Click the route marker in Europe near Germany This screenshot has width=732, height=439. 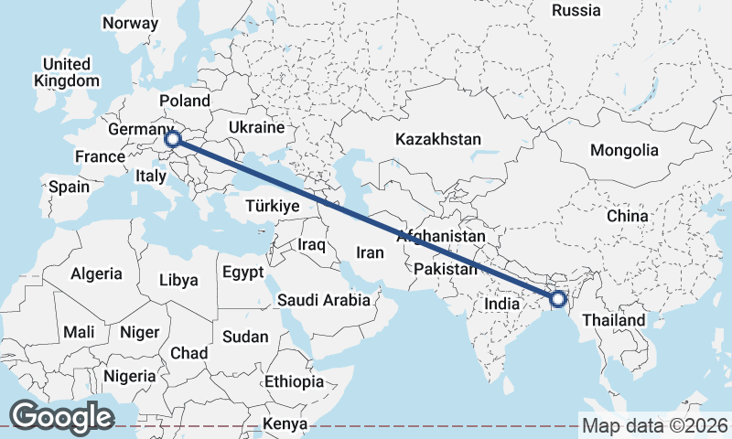click(x=173, y=139)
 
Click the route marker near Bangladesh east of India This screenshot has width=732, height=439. click(x=558, y=299)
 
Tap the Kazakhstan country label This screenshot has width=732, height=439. click(x=437, y=140)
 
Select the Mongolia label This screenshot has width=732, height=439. click(x=624, y=150)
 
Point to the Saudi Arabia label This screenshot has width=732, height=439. click(x=324, y=300)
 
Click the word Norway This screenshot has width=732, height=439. click(x=131, y=23)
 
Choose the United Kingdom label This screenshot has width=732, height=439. click(x=67, y=72)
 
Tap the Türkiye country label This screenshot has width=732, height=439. click(x=273, y=207)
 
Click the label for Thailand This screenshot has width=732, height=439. click(x=613, y=320)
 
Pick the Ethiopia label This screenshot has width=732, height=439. click(x=293, y=381)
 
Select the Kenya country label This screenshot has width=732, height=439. click(x=285, y=423)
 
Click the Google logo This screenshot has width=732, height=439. click(x=61, y=416)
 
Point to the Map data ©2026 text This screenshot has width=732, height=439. click(x=654, y=425)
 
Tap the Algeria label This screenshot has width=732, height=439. click(x=96, y=273)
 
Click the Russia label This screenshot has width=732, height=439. click(x=576, y=11)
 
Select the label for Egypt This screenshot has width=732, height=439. click(x=242, y=273)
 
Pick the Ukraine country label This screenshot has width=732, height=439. click(x=256, y=127)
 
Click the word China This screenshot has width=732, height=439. click(x=627, y=216)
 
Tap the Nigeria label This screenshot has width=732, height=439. click(x=129, y=375)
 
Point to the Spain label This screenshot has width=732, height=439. click(x=70, y=187)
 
